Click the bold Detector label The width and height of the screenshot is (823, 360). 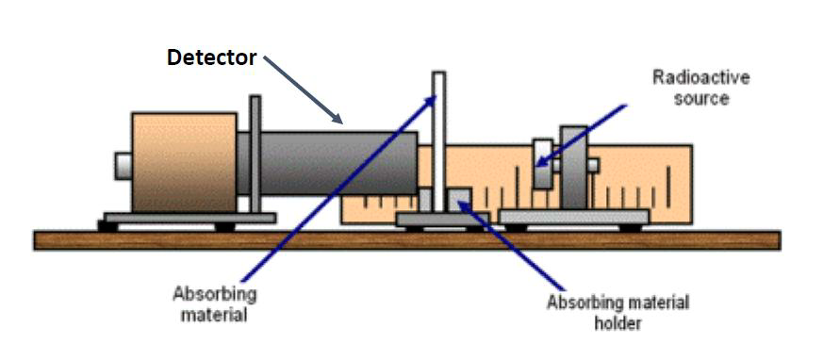pyautogui.click(x=211, y=57)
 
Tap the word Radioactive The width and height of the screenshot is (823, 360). pyautogui.click(x=701, y=78)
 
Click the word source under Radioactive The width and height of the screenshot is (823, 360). pyautogui.click(x=701, y=98)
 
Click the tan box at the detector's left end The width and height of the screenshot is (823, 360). pyautogui.click(x=184, y=161)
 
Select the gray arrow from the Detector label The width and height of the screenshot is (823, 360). pyautogui.click(x=304, y=90)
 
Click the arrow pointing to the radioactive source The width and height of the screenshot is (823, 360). pyautogui.click(x=584, y=133)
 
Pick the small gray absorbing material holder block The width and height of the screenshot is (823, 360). pyautogui.click(x=460, y=201)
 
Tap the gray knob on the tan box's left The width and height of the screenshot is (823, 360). pyautogui.click(x=123, y=165)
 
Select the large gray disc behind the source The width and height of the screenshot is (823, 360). pyautogui.click(x=572, y=167)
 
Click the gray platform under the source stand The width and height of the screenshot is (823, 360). pyautogui.click(x=572, y=218)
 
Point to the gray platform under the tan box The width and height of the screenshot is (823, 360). pyautogui.click(x=189, y=218)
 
